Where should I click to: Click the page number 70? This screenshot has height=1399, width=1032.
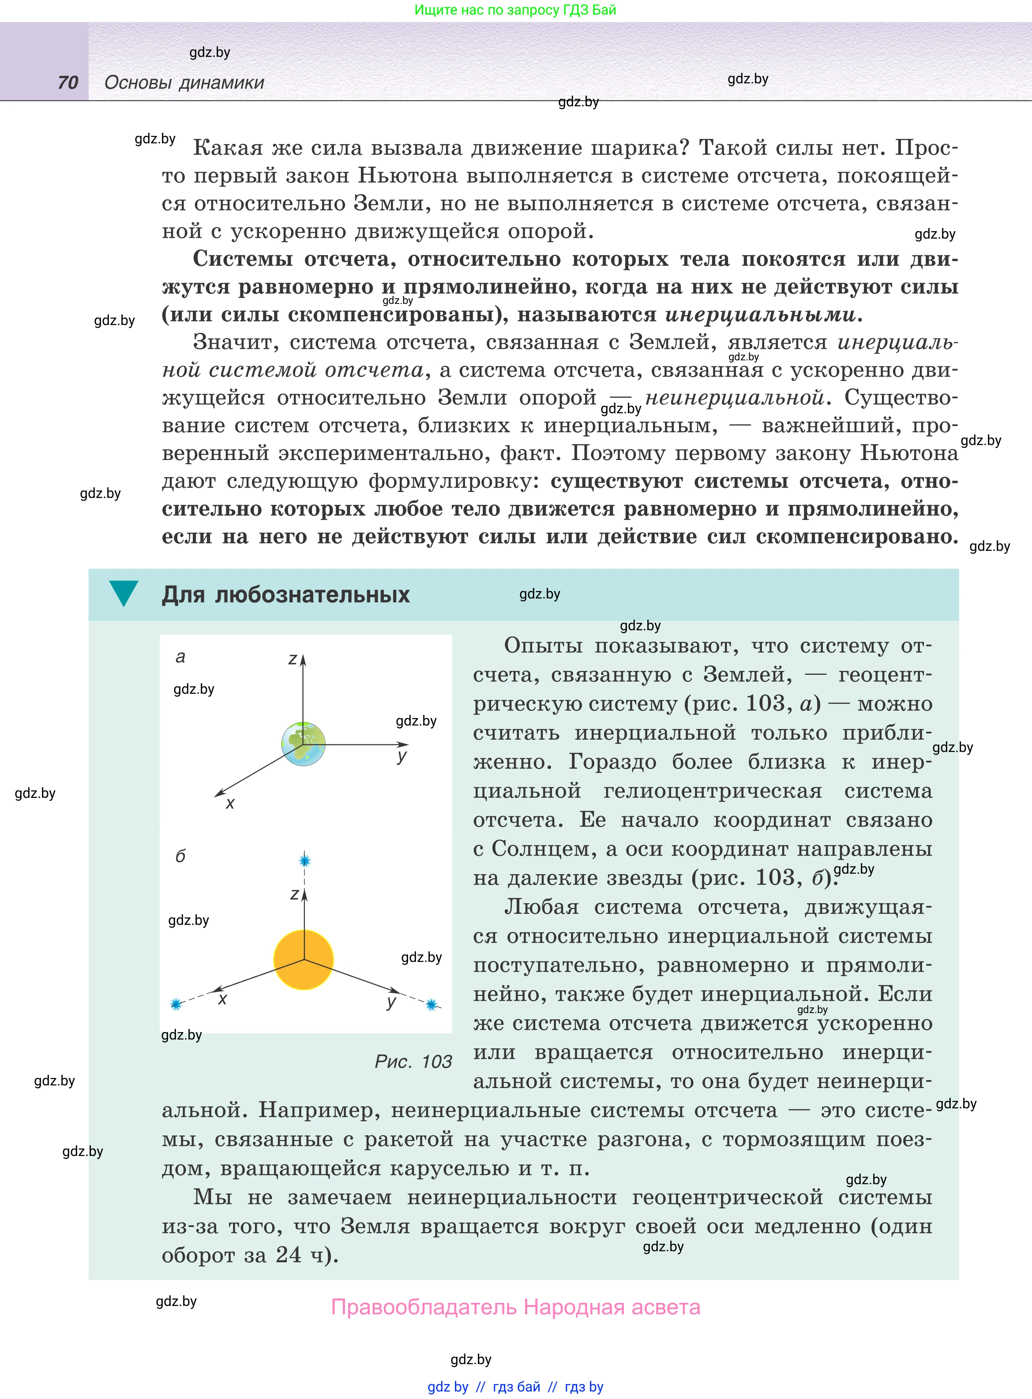tap(68, 82)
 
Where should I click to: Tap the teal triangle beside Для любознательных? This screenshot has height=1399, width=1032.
tap(123, 592)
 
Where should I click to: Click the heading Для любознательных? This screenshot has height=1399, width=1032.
tap(285, 594)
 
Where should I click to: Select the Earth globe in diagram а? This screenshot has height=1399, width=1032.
tap(303, 744)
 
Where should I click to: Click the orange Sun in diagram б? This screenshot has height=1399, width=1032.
tap(304, 960)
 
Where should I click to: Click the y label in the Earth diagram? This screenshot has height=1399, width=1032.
tap(402, 757)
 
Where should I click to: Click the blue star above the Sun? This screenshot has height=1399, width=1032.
tap(305, 861)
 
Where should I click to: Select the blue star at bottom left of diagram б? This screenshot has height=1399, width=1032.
tap(176, 1004)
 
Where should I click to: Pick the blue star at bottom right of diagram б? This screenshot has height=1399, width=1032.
tap(432, 1004)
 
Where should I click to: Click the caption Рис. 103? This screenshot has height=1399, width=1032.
tap(413, 1061)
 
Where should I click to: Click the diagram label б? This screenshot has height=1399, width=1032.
tap(180, 856)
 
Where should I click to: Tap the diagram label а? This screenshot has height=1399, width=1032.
tap(180, 657)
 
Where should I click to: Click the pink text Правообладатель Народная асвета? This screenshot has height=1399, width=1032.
tap(515, 1307)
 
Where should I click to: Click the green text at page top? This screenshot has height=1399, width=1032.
tap(515, 10)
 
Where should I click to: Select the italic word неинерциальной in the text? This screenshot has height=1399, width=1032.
tap(735, 398)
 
